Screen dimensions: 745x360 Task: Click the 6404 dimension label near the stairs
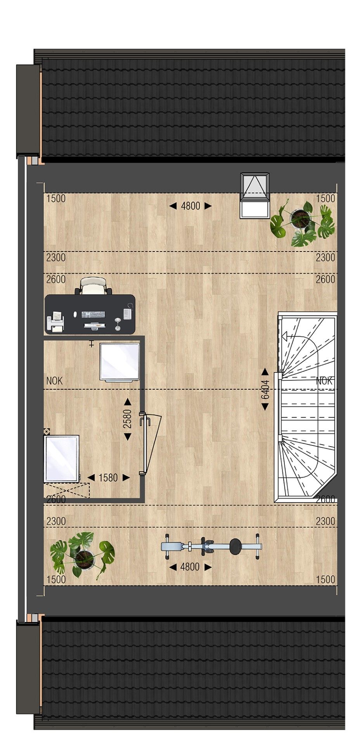[x=265, y=389]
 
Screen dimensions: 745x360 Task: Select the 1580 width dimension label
[x=108, y=478]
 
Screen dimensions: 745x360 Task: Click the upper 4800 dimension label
[x=190, y=206]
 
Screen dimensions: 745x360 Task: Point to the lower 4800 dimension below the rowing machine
[x=190, y=567]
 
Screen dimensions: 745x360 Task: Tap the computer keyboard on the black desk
[x=93, y=314]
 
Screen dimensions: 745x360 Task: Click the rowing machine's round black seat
[x=236, y=546]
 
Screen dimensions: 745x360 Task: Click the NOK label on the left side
[x=54, y=381]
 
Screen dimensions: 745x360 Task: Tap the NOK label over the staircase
[x=324, y=381]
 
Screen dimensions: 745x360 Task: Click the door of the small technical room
[x=151, y=444]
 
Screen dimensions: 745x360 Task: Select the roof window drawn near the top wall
[x=254, y=196]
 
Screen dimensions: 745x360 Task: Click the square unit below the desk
[x=119, y=362]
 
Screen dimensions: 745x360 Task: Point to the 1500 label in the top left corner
[x=56, y=199]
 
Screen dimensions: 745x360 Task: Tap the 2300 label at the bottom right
[x=325, y=521]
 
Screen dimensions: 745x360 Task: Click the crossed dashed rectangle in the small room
[x=67, y=489]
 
